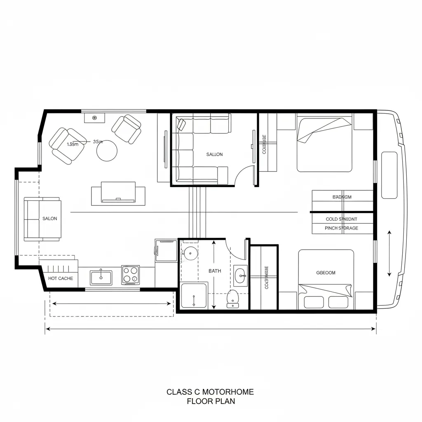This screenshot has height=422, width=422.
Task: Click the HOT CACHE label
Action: click(60, 278)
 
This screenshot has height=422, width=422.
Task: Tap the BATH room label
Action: click(215, 271)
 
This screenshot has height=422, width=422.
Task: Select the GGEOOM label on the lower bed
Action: click(326, 272)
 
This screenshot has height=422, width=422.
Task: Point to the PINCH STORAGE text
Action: click(341, 228)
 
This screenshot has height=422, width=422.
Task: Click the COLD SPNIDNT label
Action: click(341, 219)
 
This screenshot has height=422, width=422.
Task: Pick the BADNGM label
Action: click(342, 197)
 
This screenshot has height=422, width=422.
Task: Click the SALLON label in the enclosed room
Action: click(214, 154)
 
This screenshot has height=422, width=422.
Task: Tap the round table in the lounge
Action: click(107, 151)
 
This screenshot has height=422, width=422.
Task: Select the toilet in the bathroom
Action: click(233, 298)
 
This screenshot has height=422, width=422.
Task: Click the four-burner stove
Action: click(131, 275)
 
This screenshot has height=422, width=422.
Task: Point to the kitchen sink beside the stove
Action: click(101, 277)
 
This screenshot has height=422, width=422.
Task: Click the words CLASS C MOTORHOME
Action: click(210, 392)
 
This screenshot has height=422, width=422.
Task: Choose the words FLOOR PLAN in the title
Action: click(211, 401)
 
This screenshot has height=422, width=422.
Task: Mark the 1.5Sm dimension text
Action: click(73, 144)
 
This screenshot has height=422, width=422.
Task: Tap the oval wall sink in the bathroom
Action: click(240, 275)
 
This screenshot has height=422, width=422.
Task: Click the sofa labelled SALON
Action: click(42, 219)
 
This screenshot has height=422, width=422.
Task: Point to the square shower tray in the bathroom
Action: click(194, 295)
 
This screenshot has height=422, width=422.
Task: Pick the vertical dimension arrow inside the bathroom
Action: click(214, 275)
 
